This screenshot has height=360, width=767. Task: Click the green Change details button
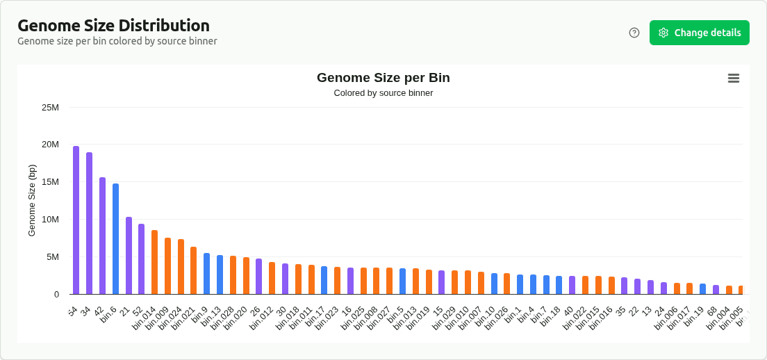tap(699, 33)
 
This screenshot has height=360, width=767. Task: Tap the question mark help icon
tap(634, 33)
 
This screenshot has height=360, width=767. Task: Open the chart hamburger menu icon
tap(734, 78)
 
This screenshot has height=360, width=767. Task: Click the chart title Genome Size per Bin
tap(383, 78)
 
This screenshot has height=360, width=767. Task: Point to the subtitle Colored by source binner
tap(383, 93)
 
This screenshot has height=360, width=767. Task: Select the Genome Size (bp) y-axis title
tap(32, 200)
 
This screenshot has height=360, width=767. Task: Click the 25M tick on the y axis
tap(51, 108)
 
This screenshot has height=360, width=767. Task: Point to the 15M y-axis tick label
tap(51, 182)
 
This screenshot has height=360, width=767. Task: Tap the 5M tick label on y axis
tap(53, 257)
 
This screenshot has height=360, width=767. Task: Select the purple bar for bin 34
tap(89, 223)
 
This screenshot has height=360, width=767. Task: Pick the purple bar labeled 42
tap(102, 236)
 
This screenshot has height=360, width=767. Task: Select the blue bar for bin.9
tap(206, 273)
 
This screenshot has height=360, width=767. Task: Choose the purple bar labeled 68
tap(716, 289)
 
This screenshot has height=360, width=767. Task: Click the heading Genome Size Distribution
tap(113, 26)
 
